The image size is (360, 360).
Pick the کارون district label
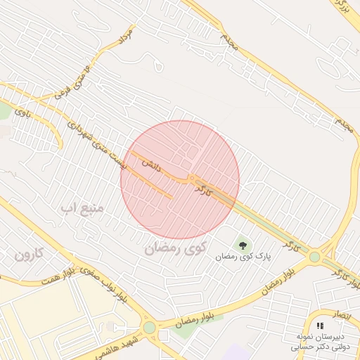tap(30, 255)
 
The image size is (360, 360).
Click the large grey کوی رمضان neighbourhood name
tap(175, 248)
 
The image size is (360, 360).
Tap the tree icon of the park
tap(243, 245)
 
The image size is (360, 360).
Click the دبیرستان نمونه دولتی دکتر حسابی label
tap(320, 342)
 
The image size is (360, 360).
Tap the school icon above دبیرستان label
tap(321, 326)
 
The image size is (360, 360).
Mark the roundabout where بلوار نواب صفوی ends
tap(149, 328)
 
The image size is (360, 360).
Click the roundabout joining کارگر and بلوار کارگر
tap(314, 258)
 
